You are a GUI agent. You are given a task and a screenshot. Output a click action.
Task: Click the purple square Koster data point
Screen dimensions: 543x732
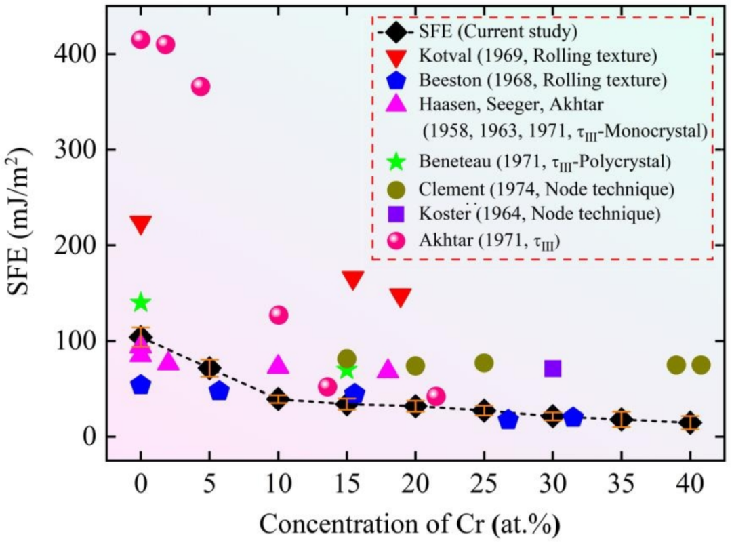point(552,368)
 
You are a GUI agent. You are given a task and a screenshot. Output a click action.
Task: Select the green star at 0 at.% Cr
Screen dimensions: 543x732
point(140,302)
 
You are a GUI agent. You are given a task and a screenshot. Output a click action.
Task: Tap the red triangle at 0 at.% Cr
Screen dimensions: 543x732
point(140,225)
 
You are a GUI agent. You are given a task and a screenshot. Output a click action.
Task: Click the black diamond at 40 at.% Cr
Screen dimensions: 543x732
point(690,423)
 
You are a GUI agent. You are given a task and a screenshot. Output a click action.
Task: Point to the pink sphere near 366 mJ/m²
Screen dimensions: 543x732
point(200,86)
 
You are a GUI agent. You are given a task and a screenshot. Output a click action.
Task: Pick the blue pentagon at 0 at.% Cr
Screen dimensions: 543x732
point(140,385)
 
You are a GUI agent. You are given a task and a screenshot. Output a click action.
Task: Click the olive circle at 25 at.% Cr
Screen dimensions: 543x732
point(483,363)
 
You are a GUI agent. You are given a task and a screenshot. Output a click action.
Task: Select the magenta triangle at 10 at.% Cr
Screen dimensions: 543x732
point(278,365)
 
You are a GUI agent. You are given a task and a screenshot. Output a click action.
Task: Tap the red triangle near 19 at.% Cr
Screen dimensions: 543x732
point(401,297)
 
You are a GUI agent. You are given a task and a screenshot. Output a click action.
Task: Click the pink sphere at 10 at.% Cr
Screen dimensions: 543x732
point(278,315)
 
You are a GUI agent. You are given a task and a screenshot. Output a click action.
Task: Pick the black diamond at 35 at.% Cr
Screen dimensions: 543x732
point(621,420)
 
